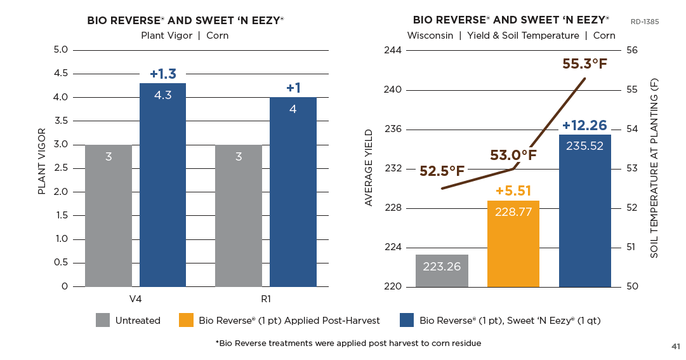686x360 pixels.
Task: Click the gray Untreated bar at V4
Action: coord(109,216)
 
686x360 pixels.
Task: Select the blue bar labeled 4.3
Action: coord(162,185)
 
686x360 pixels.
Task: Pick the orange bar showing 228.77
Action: coord(513,244)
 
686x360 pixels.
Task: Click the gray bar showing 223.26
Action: coord(442,270)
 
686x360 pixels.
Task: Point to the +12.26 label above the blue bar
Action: coord(584,126)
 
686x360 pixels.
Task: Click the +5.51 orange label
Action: coord(513,190)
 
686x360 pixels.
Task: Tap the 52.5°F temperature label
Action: coord(442,171)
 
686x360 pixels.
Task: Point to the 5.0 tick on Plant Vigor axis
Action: coord(60,50)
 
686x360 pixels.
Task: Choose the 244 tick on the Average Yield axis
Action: coord(393,50)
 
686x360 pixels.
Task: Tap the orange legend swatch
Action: coord(187,321)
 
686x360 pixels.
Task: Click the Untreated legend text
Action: coord(138,321)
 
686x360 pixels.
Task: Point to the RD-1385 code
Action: coord(645,22)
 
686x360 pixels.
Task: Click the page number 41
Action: coord(676,346)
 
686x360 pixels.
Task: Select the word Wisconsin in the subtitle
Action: coord(430,36)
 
